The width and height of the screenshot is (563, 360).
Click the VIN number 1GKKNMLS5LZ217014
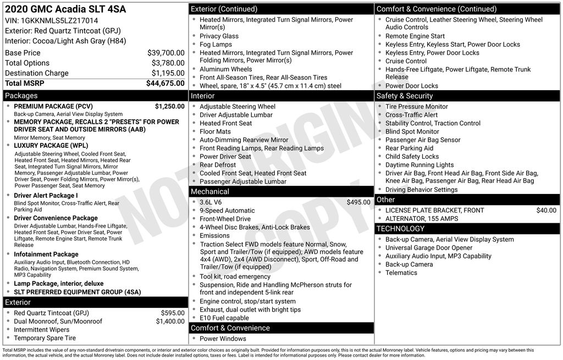coord(60,20)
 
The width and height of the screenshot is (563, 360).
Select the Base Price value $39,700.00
coord(165,53)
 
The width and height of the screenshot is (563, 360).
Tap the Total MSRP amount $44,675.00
coord(165,83)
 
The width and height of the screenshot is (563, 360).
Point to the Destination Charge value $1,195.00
coord(168,73)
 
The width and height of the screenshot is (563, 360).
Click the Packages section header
coord(21,96)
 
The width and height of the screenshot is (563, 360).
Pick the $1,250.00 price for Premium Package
coord(169,106)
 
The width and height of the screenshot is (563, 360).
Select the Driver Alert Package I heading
coord(46,196)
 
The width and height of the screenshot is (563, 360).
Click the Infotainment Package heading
coord(46,254)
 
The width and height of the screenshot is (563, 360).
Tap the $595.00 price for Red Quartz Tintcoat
coord(173,313)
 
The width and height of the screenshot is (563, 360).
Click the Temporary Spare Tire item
coord(45,338)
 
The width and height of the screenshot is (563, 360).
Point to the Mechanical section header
coord(209,191)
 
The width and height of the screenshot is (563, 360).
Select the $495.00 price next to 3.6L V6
coord(358,202)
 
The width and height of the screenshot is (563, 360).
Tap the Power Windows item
coord(223,339)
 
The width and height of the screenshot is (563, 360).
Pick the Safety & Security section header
coord(405,96)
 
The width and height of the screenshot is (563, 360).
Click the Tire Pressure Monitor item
coord(416,107)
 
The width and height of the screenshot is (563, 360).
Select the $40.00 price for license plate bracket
coord(546,210)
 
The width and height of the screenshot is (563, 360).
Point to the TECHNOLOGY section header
coord(400,229)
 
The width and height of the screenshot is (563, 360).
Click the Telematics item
coord(401,273)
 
